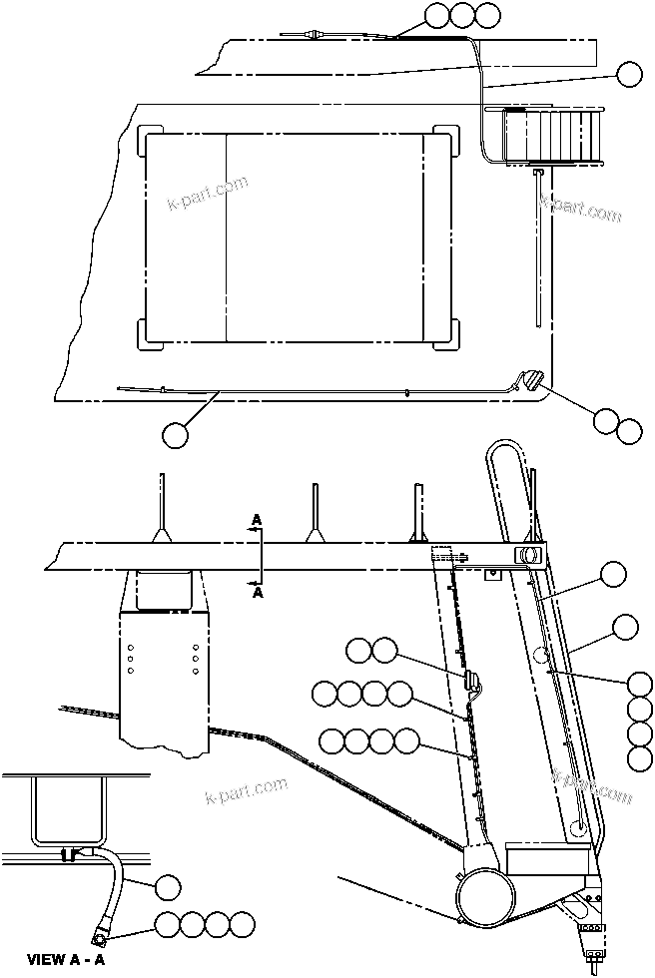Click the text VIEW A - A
pyautogui.click(x=66, y=960)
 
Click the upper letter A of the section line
pyautogui.click(x=257, y=520)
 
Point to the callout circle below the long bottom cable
pyautogui.click(x=174, y=434)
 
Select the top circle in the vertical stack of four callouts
pyautogui.click(x=641, y=684)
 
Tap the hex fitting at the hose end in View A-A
pyautogui.click(x=101, y=937)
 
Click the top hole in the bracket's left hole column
pyautogui.click(x=131, y=646)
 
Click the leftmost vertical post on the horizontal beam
pyautogui.click(x=159, y=509)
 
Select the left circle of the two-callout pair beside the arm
pyautogui.click(x=357, y=652)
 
